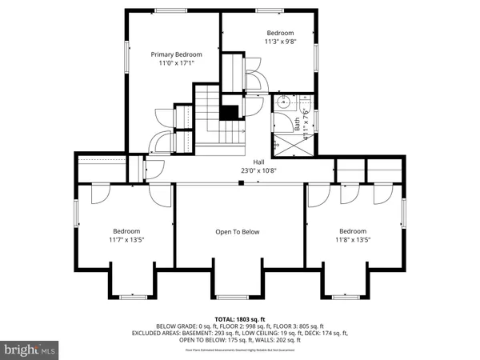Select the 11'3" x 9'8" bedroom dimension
pos(280,42)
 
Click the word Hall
pos(259,161)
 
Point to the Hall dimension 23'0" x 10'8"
pos(259,170)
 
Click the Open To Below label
pos(238,232)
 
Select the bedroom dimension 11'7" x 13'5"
pos(127,238)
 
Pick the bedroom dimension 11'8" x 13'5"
pos(353,238)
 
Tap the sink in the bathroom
pos(283,102)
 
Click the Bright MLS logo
pos(31,349)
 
